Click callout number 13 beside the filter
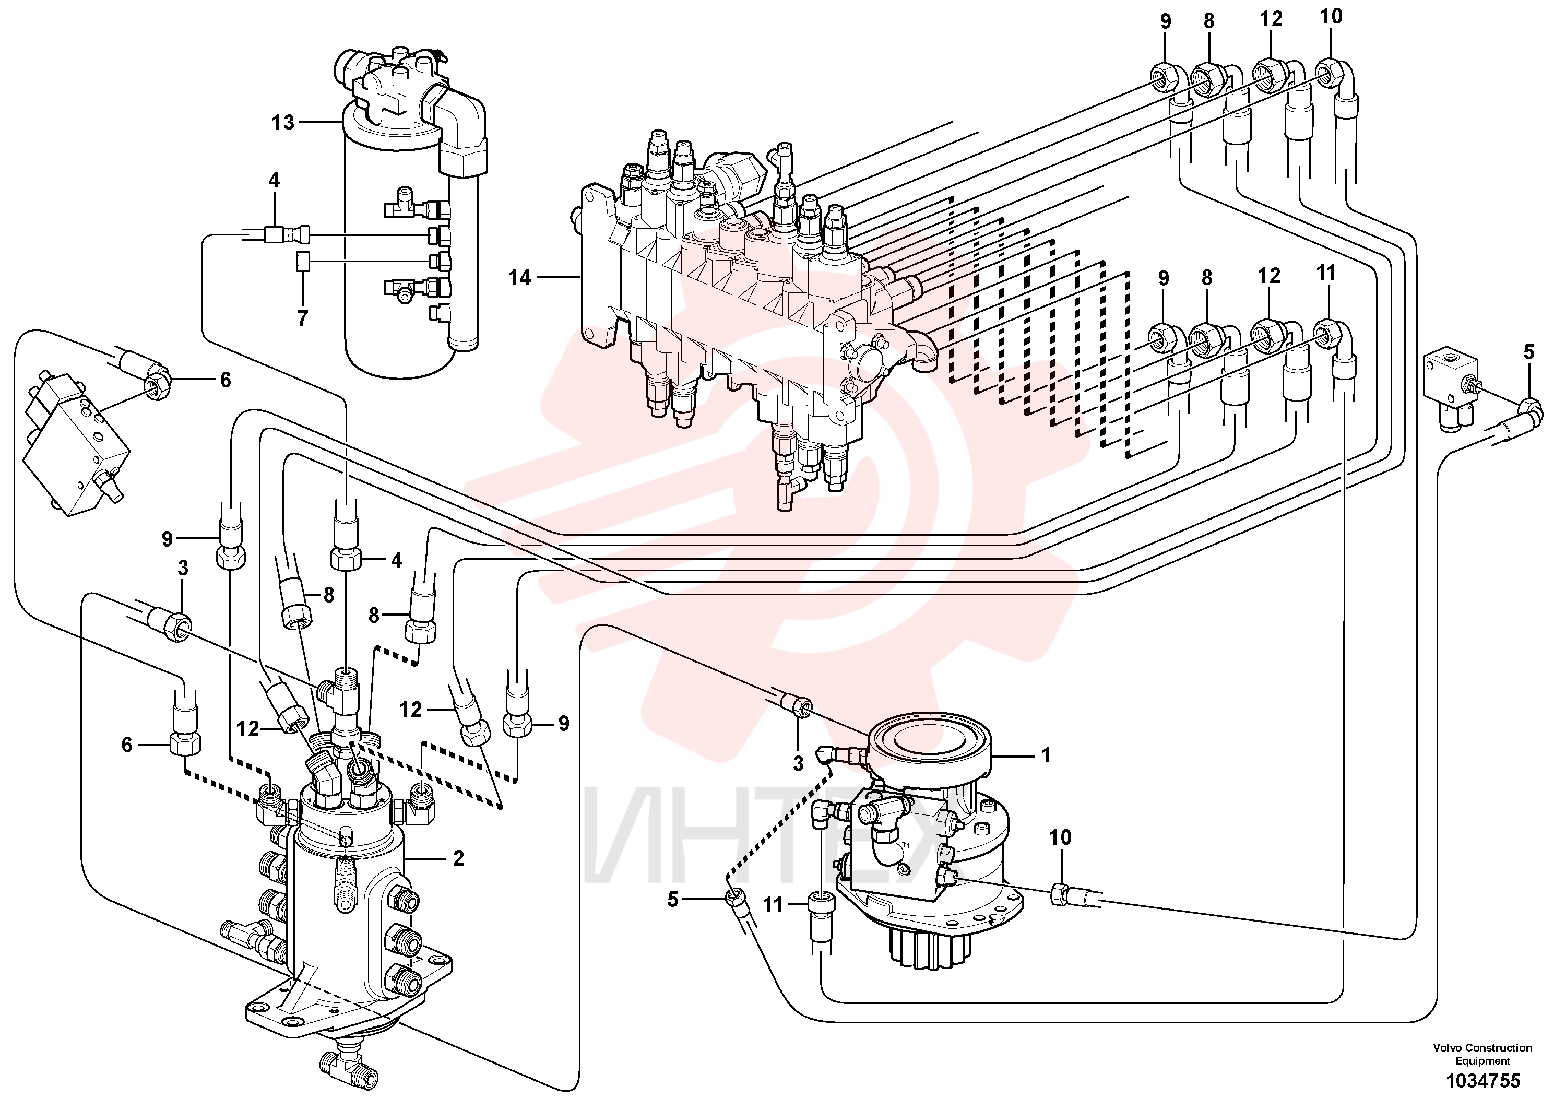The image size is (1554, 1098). coord(283,123)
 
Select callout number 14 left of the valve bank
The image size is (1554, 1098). coord(520,278)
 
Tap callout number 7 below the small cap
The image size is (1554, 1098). coord(303,318)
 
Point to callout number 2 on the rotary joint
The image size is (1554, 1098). coord(458,858)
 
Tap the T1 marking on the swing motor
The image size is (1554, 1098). coord(905,845)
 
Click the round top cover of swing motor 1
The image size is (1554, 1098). coord(931,746)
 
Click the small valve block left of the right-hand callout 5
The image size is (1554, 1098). coord(1451,388)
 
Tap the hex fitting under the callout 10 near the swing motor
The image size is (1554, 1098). coord(1061,895)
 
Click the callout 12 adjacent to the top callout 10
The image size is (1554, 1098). coord(1271,19)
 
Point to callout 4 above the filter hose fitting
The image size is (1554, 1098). coord(274,180)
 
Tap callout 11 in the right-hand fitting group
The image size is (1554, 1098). coord(1326,273)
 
